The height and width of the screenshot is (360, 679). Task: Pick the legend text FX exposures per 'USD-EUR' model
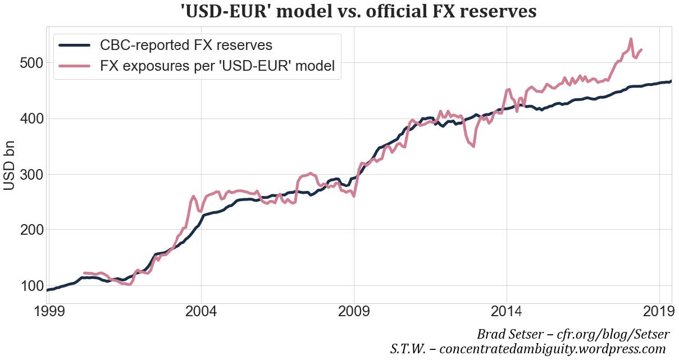[x=217, y=66]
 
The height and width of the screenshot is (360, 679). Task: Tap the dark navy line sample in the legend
[x=74, y=45]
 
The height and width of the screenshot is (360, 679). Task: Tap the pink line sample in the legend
[x=74, y=66]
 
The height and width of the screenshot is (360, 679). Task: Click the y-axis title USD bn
[x=12, y=167]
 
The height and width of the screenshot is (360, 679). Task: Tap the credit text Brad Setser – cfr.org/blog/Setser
[x=573, y=335]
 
